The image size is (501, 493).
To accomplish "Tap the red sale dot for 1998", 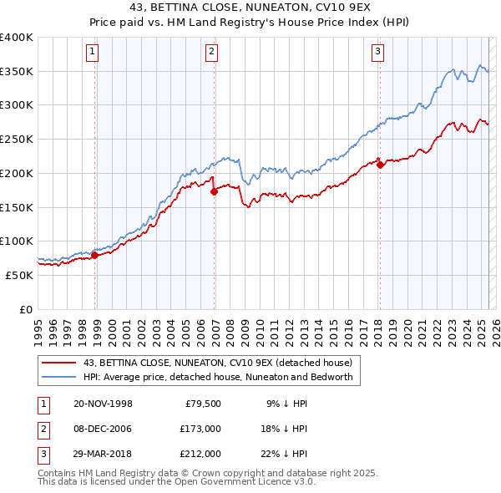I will point(94,255).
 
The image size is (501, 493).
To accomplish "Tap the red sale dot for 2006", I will point(214,191).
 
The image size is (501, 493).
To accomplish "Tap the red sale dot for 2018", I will point(380,165).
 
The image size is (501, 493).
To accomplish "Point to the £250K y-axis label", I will point(17,138).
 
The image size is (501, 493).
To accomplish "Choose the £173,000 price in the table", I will point(200,429).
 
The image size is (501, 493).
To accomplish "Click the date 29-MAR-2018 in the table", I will point(103,454).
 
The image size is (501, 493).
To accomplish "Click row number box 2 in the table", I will point(43,429).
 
